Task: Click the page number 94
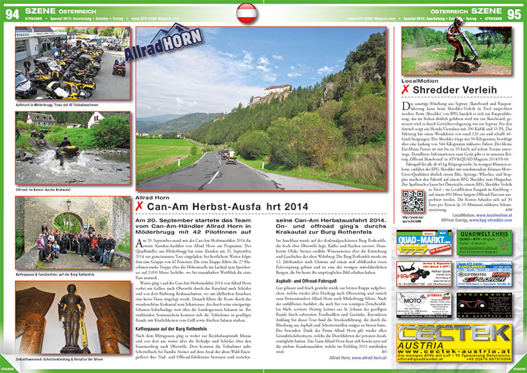coord(11,8)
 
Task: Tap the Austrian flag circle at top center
coord(263,10)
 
